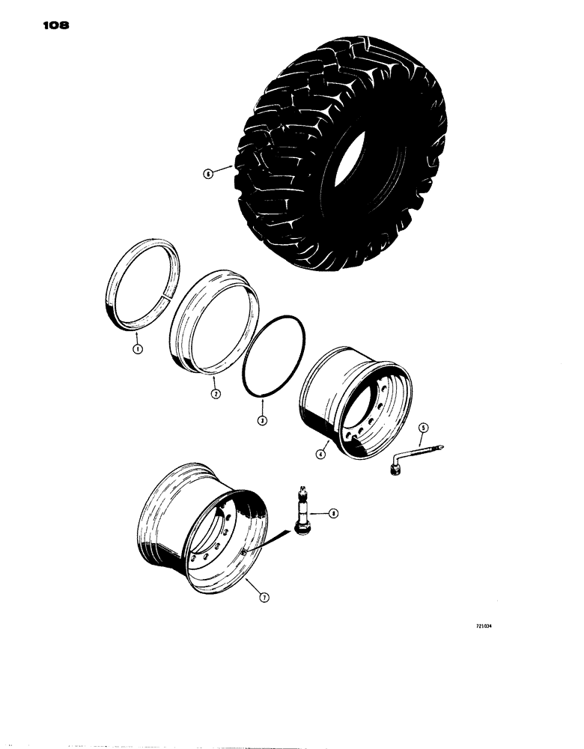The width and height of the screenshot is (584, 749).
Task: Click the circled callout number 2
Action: point(215,393)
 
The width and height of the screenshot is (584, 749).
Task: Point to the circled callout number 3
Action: point(262,422)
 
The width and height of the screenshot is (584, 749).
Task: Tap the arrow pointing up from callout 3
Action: point(262,409)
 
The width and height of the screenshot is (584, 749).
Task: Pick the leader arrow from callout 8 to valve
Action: point(320,513)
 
